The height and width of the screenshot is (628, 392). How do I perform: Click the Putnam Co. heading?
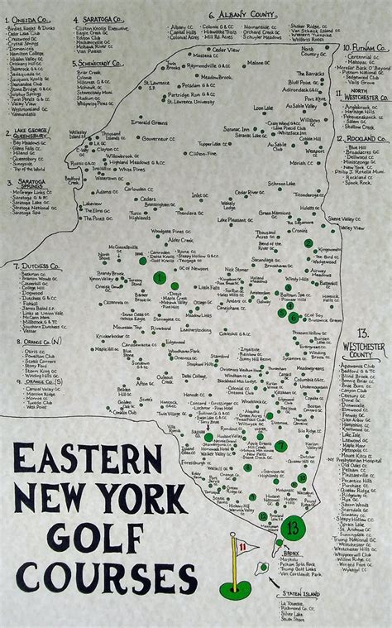[363, 49]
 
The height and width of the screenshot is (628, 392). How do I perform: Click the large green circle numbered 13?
[290, 526]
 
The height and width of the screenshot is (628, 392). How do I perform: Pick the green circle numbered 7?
[281, 445]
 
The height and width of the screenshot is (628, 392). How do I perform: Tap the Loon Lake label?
[263, 108]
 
